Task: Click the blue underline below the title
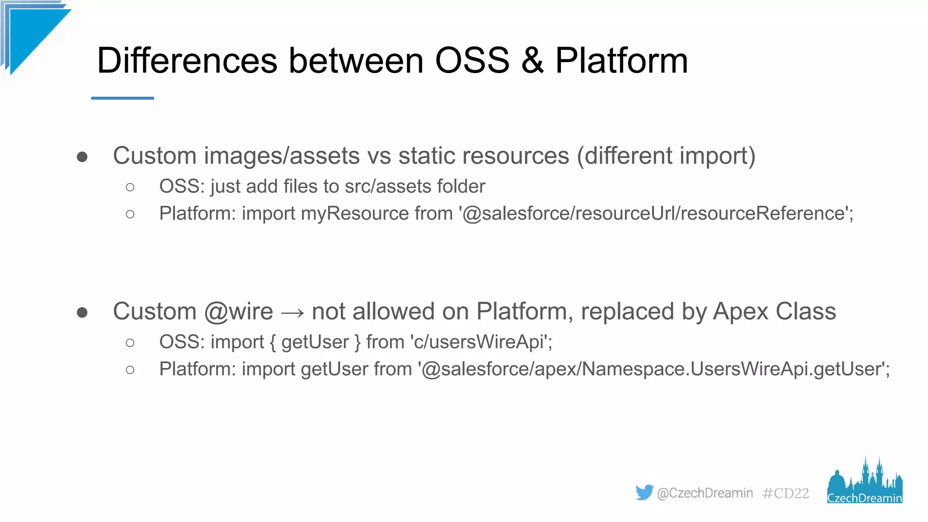(122, 98)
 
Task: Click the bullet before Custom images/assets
(82, 157)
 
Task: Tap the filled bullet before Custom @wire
(82, 312)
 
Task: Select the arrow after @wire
(292, 313)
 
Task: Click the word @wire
(238, 312)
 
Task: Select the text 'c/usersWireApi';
(481, 342)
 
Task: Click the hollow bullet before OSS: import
(130, 343)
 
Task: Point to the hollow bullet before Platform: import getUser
(130, 370)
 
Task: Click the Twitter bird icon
(644, 492)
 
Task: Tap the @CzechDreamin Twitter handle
(705, 493)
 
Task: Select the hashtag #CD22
(785, 493)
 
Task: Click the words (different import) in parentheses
(666, 156)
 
